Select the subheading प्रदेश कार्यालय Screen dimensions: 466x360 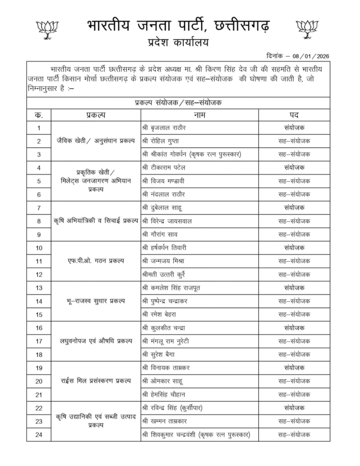point(175,42)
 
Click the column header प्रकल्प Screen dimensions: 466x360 point(96,115)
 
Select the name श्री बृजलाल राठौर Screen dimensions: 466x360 point(164,128)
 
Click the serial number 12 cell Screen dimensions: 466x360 point(39,274)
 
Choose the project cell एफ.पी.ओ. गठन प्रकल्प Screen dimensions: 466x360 point(96,261)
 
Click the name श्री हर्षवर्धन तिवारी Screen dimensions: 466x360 point(164,248)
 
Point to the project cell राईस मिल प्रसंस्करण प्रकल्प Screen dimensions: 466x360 point(96,381)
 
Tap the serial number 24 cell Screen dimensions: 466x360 point(39,435)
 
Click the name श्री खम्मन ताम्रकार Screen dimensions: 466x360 point(165,421)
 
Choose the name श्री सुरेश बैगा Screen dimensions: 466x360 point(160,354)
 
